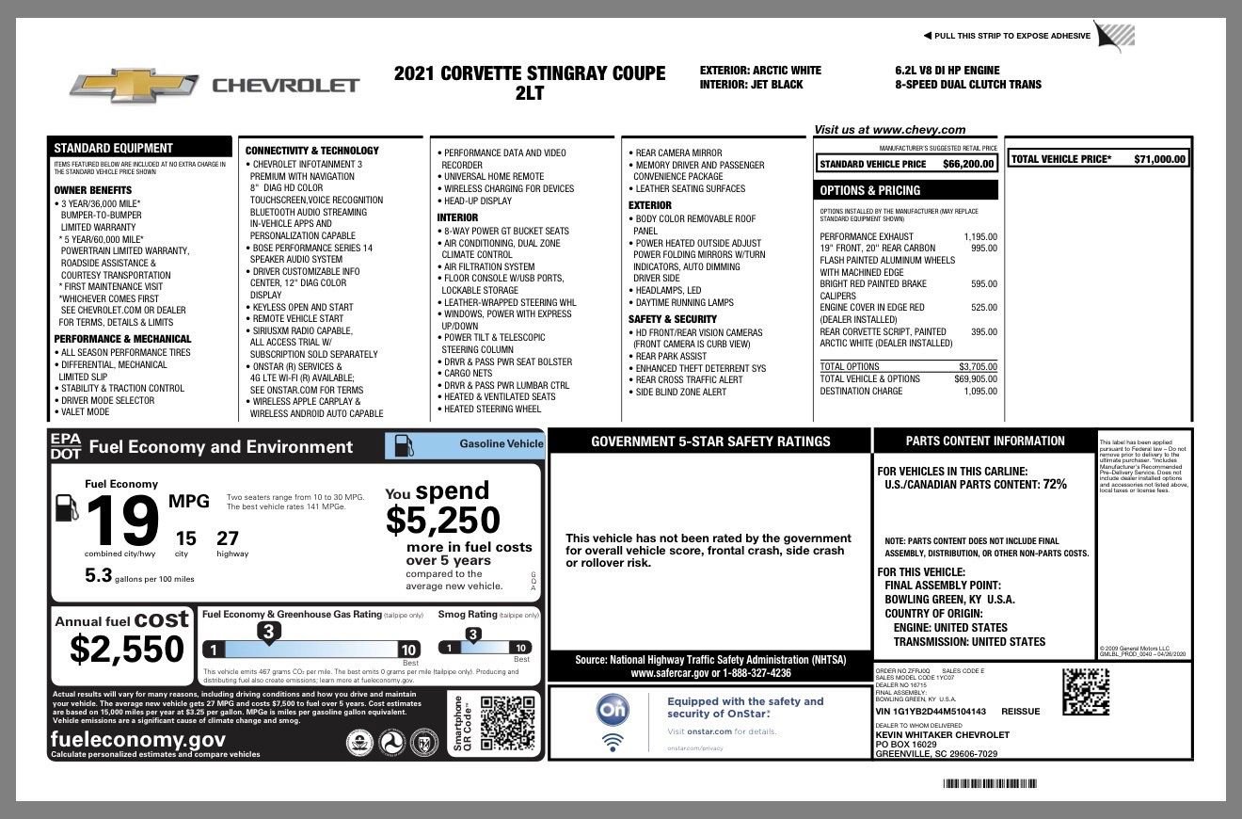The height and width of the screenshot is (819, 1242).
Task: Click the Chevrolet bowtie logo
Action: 133,86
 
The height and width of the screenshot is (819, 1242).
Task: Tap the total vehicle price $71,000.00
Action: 1159,159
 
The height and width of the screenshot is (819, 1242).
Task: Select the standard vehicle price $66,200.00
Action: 968,164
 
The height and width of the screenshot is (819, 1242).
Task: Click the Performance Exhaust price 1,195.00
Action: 980,237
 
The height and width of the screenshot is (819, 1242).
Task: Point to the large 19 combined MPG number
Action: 122,522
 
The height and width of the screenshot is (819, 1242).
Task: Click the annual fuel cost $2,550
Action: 127,649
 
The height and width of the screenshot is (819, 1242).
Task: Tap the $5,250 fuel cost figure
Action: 442,520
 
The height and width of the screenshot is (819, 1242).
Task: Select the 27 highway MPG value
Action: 228,538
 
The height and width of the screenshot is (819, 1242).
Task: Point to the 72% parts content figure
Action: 1054,484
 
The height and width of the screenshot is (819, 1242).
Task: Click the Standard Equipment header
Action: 113,148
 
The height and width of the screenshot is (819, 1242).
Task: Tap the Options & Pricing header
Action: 869,190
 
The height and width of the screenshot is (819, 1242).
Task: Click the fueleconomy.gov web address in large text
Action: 138,740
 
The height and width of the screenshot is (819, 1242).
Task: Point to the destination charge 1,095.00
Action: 980,391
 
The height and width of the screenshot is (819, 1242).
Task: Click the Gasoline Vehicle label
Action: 501,443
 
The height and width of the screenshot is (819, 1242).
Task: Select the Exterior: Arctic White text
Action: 760,71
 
